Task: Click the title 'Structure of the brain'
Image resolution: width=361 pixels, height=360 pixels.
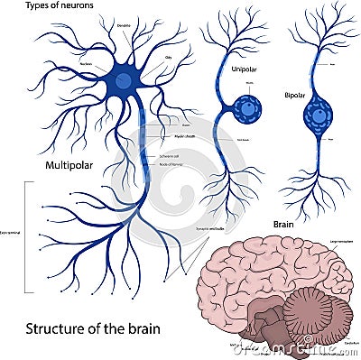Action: [81, 328]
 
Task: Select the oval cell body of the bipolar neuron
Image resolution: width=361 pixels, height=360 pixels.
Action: [318, 115]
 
